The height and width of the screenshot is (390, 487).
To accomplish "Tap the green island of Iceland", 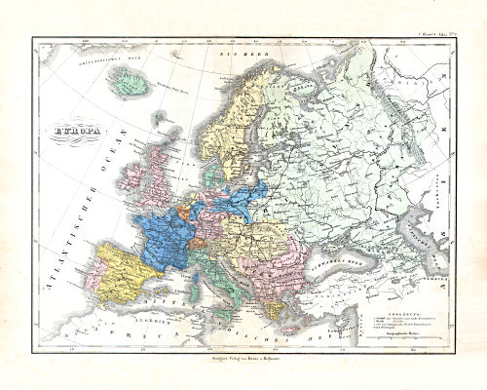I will pos(131,86).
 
